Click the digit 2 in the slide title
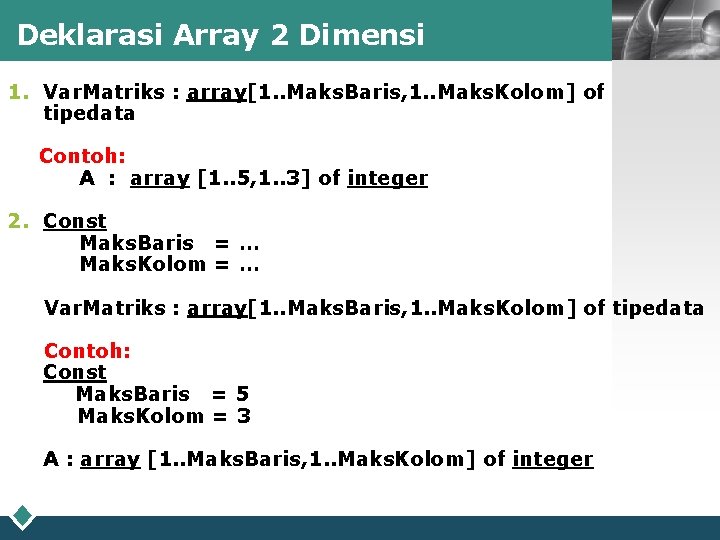click(277, 35)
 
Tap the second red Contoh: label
click(87, 351)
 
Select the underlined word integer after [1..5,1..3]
click(387, 178)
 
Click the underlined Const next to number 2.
click(74, 221)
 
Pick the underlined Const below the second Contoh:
click(74, 372)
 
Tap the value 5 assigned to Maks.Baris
click(242, 394)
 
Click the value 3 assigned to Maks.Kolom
click(243, 416)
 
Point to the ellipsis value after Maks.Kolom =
click(250, 264)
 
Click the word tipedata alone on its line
click(89, 113)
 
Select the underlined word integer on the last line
click(552, 459)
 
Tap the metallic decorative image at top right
click(664, 30)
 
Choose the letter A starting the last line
click(51, 459)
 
